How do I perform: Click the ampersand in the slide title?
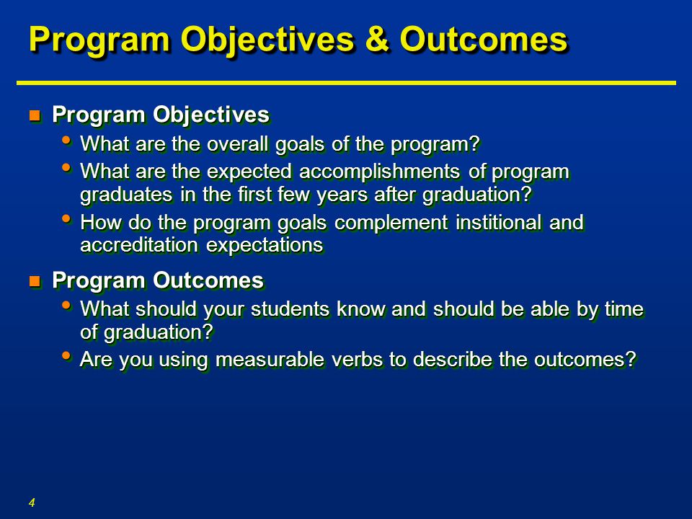tap(377, 39)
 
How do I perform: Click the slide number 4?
tap(32, 502)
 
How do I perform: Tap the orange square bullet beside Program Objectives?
tap(35, 115)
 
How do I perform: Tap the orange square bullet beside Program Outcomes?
tap(35, 281)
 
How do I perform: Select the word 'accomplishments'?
tap(380, 172)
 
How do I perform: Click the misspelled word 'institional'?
tap(498, 222)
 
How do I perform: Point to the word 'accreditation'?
tap(139, 245)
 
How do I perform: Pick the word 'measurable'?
tap(270, 359)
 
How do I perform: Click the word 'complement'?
tap(391, 223)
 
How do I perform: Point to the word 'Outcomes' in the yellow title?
tap(484, 39)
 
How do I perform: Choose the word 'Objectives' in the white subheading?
tap(211, 115)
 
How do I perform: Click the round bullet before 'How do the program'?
tap(66, 218)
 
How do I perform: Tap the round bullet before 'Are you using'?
tap(66, 355)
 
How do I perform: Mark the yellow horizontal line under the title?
tap(346, 82)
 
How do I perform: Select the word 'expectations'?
tap(265, 246)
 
